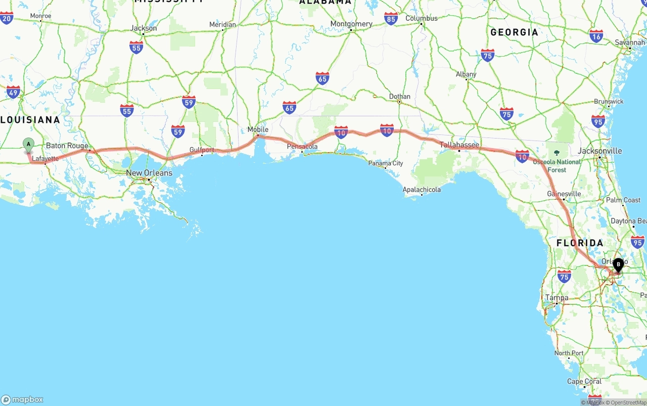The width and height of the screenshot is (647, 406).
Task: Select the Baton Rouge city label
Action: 67,146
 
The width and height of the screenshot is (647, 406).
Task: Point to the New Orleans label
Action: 149,173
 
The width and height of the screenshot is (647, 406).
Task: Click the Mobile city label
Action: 258,129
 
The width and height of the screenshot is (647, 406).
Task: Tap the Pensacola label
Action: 302,147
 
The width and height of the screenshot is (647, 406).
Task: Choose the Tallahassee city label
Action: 459,145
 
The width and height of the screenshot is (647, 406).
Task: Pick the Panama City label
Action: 386,163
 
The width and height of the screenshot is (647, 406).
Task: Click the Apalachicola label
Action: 422,190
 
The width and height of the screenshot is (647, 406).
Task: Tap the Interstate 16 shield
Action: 596,36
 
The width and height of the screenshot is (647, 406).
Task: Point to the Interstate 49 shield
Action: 14,92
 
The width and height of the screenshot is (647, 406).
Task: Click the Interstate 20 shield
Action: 7,19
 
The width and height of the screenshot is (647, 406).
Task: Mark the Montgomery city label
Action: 351,24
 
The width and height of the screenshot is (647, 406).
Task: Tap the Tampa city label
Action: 557,298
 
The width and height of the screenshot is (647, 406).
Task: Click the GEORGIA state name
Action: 514,32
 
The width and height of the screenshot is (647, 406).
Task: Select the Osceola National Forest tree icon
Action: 557,152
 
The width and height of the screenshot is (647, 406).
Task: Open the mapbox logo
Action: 22,399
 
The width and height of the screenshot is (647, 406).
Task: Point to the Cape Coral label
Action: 584,381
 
